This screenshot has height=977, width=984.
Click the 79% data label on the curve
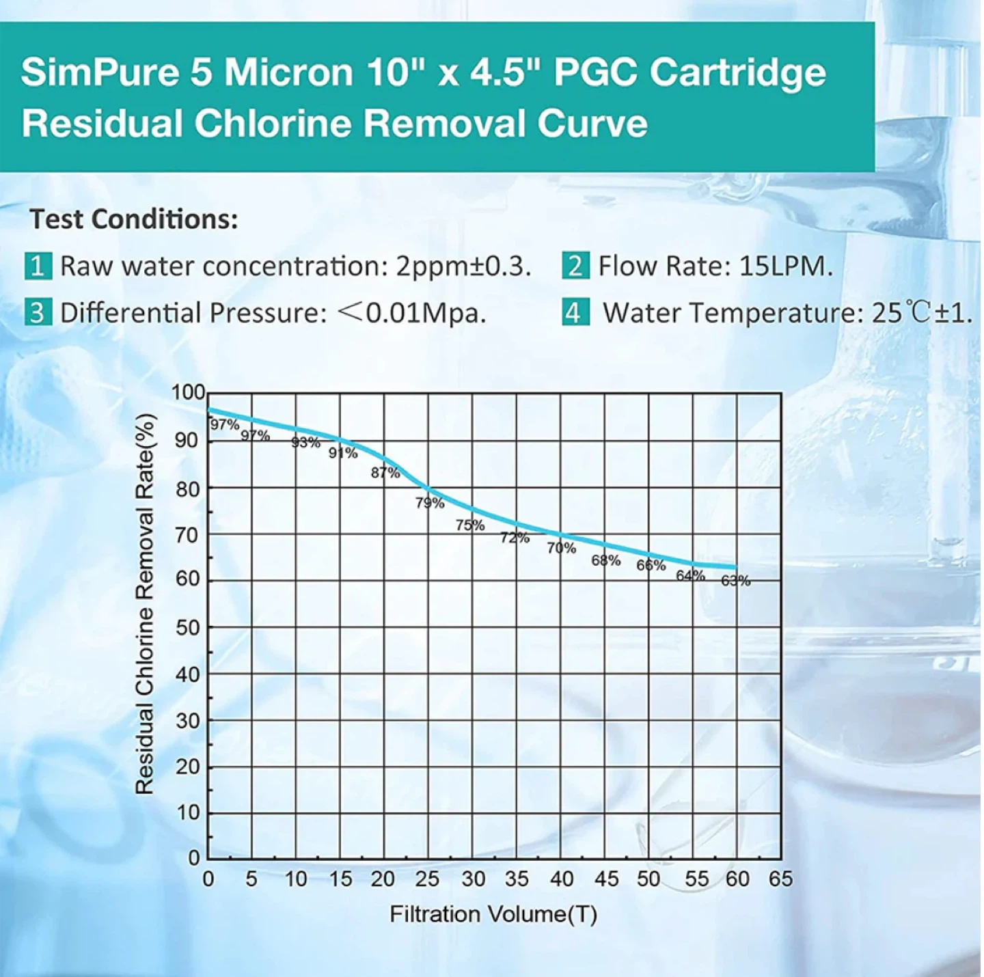tap(430, 503)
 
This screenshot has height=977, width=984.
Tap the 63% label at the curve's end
tap(736, 581)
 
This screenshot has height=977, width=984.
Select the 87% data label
tap(385, 473)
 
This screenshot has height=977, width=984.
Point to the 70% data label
tap(562, 548)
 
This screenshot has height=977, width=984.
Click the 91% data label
tap(343, 453)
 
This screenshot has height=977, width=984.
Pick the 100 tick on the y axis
tap(188, 392)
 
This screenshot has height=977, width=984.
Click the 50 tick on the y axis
tap(188, 627)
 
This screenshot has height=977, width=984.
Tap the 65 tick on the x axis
tap(780, 879)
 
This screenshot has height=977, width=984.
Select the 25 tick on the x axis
tap(427, 879)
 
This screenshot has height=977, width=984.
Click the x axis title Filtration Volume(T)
tap(493, 914)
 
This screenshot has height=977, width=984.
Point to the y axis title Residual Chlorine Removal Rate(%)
tap(145, 605)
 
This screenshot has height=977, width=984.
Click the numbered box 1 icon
tap(38, 266)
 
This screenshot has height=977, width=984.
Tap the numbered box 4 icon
tap(575, 313)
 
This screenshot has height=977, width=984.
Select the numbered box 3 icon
tap(38, 313)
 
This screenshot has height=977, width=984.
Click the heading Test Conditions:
tap(134, 219)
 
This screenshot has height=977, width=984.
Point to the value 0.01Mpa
tap(426, 313)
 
